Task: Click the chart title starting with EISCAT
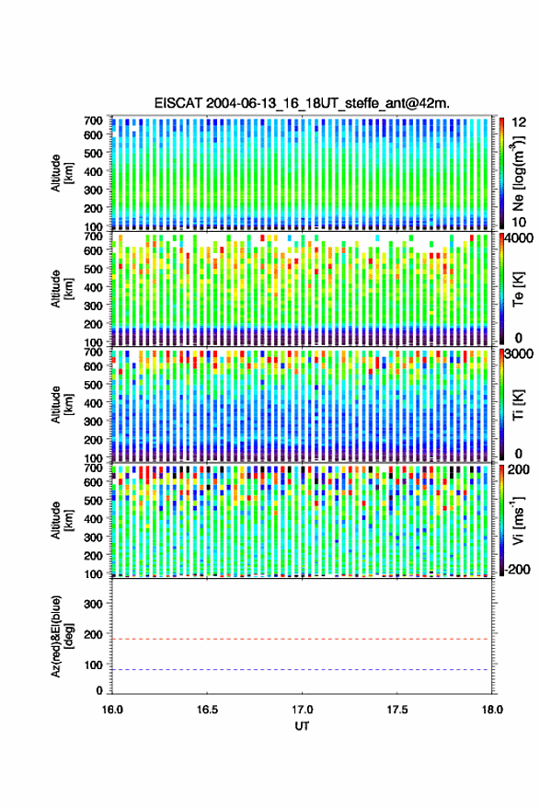pos(302,103)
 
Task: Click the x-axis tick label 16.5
pos(207,710)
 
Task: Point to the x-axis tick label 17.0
pos(302,710)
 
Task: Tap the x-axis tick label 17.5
pos(397,710)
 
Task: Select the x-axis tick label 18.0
pos(492,710)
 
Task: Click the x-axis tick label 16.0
pos(112,710)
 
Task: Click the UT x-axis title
pos(303,726)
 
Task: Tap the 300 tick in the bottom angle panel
pos(93,604)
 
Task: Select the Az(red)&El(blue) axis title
pos(62,637)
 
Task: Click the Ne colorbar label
pos(518,173)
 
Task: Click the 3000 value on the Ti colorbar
pos(519,354)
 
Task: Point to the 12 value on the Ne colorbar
pos(519,122)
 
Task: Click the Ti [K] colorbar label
pos(518,405)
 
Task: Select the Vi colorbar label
pos(518,520)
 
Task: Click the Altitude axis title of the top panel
pos(62,173)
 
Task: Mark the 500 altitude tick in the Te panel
pos(93,269)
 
